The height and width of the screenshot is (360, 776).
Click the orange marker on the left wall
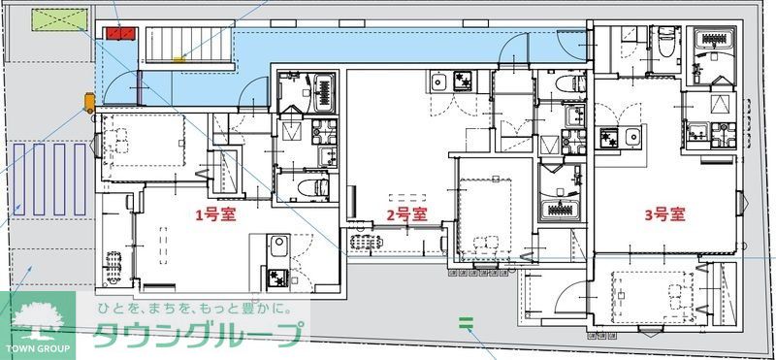(x=88, y=100)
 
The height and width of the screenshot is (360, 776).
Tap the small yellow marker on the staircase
(x=178, y=59)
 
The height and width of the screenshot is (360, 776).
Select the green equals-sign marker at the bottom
(x=465, y=321)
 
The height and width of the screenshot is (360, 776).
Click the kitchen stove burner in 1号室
(x=278, y=277)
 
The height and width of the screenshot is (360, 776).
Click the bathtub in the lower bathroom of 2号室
(x=561, y=208)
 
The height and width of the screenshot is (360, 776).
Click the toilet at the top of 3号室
(x=667, y=43)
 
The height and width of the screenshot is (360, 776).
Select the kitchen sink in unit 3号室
(x=633, y=136)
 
